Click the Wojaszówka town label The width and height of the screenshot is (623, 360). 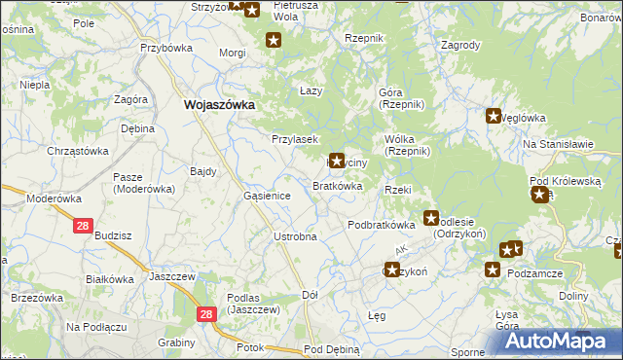pyautogui.click(x=219, y=104)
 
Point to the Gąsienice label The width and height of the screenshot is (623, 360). pyautogui.click(x=267, y=196)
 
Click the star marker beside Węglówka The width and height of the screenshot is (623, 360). pyautogui.click(x=494, y=117)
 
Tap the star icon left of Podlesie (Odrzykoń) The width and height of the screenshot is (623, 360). pyautogui.click(x=430, y=219)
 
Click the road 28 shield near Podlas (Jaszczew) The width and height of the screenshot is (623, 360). pyautogui.click(x=205, y=314)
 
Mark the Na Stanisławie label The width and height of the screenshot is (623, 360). pyautogui.click(x=558, y=144)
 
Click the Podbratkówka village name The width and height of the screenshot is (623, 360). pyautogui.click(x=382, y=225)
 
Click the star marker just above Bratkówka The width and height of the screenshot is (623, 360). pyautogui.click(x=337, y=161)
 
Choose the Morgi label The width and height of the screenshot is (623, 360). pyautogui.click(x=232, y=53)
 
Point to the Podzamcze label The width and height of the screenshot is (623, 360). pyautogui.click(x=536, y=273)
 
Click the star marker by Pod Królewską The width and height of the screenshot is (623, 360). pyautogui.click(x=538, y=195)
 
